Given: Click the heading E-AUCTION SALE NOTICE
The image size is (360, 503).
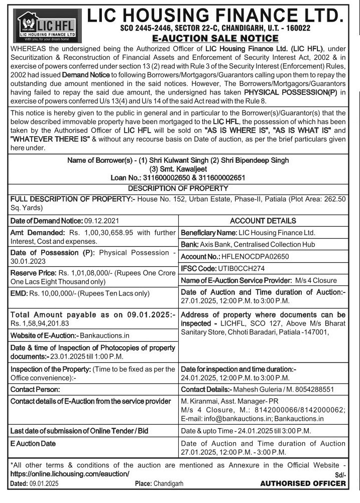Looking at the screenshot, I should click(214, 38).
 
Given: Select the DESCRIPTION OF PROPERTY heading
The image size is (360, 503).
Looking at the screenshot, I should click(178, 188).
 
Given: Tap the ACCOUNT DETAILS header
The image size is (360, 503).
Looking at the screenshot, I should click(263, 221).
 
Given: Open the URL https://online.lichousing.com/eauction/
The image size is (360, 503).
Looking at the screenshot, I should click(70, 474).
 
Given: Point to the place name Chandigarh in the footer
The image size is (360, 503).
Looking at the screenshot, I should click(169, 484).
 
